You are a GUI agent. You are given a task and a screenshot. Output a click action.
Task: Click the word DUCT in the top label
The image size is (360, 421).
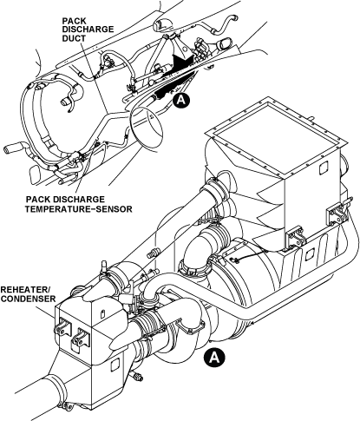[x=74, y=38]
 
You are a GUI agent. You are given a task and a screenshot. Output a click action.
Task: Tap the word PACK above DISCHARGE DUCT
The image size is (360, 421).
[x=75, y=21]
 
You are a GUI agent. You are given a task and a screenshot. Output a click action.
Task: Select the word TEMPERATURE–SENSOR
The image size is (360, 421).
[x=79, y=208]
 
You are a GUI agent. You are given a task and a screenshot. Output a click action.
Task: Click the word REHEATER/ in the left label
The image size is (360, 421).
[x=26, y=290]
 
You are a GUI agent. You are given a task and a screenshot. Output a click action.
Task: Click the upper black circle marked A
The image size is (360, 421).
[x=181, y=100]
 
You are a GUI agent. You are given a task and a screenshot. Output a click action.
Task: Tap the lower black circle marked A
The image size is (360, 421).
[x=214, y=357]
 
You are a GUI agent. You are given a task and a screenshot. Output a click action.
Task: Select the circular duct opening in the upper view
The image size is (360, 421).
[x=147, y=128]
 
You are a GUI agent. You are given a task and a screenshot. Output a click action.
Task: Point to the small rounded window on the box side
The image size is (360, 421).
[x=324, y=168]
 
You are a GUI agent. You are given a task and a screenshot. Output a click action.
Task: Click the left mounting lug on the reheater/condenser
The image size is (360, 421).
[x=62, y=327]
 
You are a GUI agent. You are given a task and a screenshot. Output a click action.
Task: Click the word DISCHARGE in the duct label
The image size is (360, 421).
[x=88, y=30]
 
